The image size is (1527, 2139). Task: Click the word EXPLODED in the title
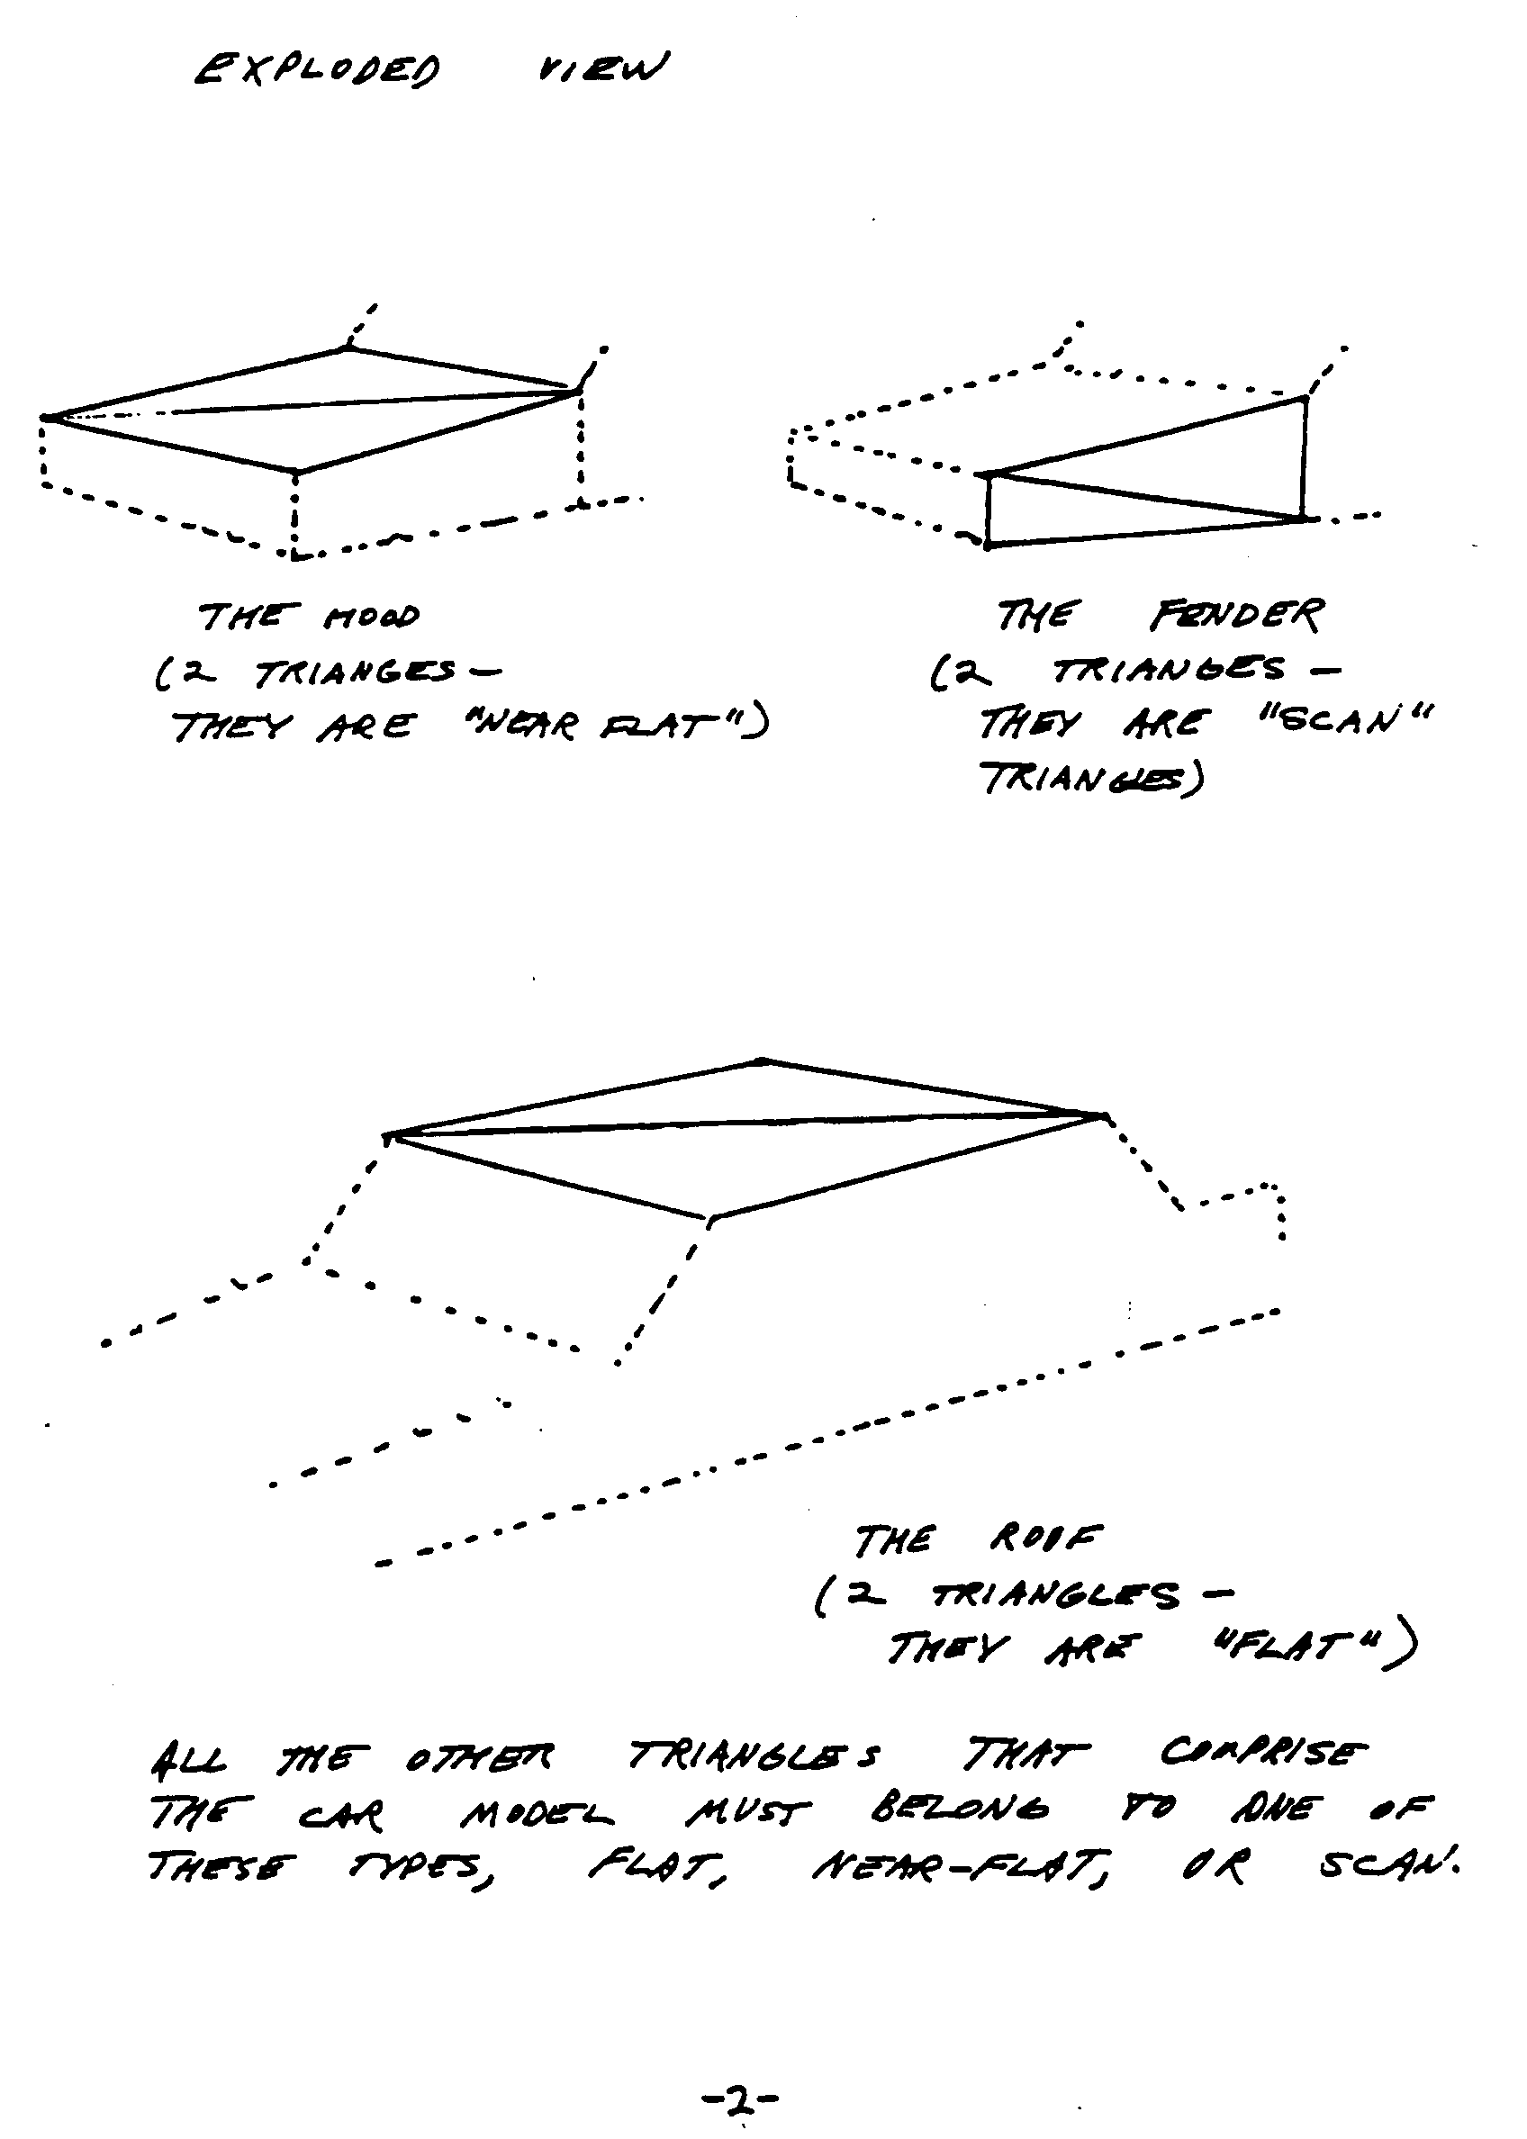tap(316, 70)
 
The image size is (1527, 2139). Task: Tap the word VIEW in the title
tap(601, 68)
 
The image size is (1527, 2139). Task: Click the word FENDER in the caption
tap(1235, 616)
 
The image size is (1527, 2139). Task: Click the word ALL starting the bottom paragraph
tap(188, 1758)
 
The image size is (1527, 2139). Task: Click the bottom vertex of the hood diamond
tap(295, 472)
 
